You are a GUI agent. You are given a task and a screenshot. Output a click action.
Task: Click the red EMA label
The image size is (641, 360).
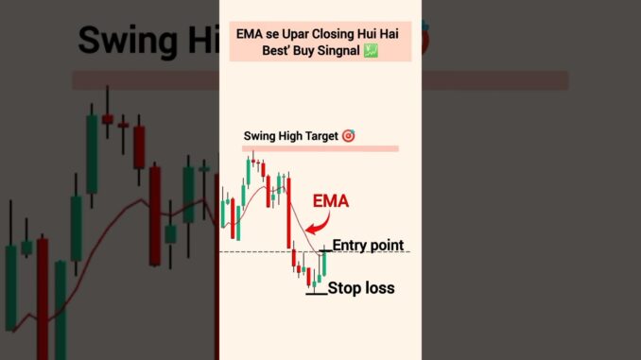coord(331,200)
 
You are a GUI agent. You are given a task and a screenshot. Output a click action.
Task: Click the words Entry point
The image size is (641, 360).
coord(368,246)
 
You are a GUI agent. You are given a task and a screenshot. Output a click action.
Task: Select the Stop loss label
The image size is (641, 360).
coord(361,287)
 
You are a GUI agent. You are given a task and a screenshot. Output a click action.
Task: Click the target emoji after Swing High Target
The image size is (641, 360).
coord(348,136)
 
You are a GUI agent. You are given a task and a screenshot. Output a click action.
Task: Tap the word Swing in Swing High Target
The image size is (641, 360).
coord(261,136)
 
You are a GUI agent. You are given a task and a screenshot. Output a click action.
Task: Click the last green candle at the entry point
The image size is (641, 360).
coord(323,264)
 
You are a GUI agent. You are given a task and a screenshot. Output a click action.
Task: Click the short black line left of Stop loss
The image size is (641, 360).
coord(316,294)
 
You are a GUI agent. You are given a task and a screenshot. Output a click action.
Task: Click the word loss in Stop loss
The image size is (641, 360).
coord(378,287)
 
